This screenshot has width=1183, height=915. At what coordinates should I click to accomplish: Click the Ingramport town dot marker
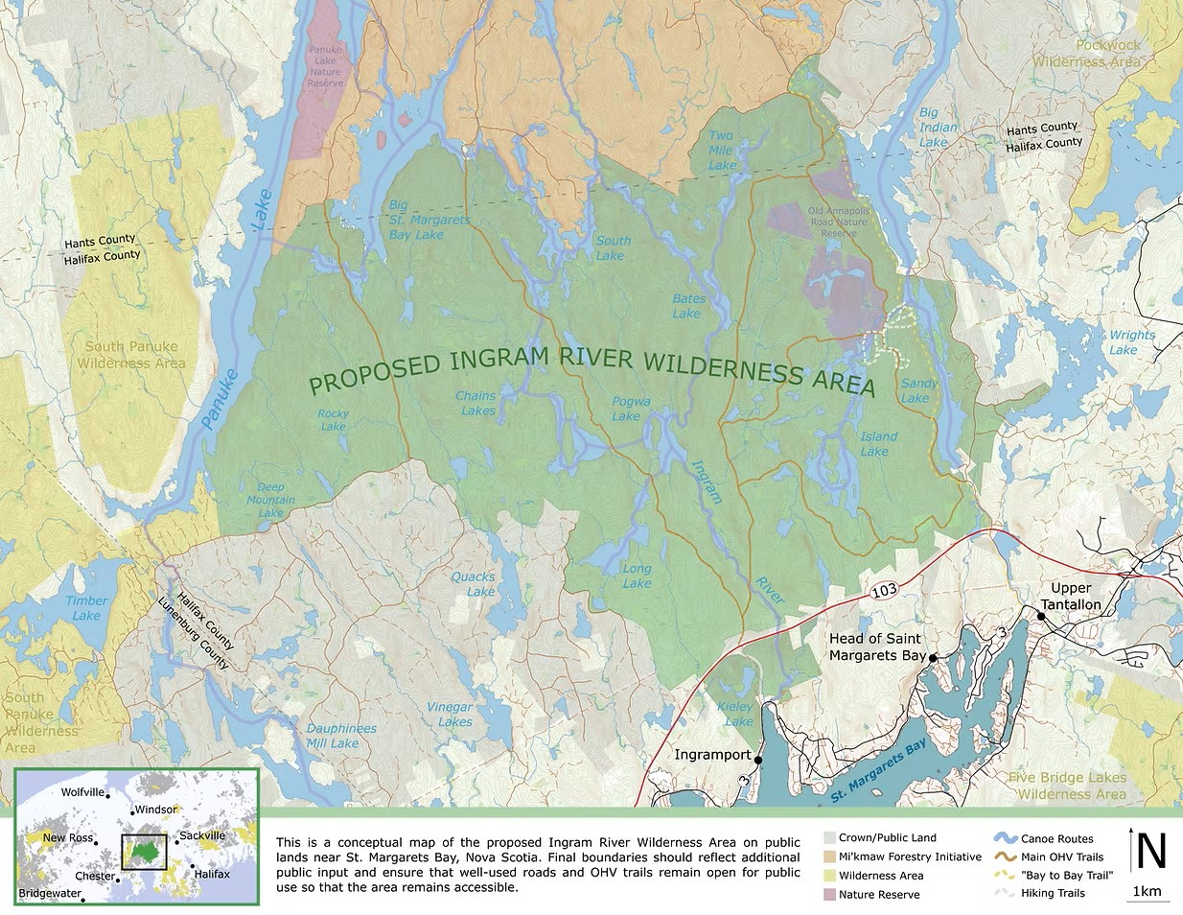click(x=758, y=760)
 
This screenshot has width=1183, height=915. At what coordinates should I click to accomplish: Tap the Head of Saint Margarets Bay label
click(x=876, y=646)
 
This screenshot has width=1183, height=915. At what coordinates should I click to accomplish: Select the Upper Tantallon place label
click(x=1071, y=596)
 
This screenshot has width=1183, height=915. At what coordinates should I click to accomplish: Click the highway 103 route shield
click(x=884, y=590)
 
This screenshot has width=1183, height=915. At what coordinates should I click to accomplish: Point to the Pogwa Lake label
click(x=631, y=409)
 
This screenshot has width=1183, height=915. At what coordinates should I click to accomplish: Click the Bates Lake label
click(x=687, y=306)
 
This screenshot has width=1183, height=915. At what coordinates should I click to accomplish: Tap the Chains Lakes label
click(x=476, y=403)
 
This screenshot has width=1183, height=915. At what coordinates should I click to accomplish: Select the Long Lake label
click(x=637, y=575)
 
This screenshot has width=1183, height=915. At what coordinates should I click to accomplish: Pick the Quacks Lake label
click(x=474, y=584)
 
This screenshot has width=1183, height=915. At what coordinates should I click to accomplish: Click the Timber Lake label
click(x=86, y=608)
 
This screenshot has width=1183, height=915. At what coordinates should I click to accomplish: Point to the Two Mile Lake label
click(x=722, y=151)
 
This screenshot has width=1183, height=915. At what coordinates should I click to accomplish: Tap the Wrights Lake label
click(x=1131, y=342)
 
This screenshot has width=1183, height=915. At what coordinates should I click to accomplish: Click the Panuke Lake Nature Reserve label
click(x=325, y=66)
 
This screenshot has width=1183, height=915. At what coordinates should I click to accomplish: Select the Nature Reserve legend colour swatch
click(x=829, y=895)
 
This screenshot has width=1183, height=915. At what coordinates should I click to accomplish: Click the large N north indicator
click(x=1150, y=851)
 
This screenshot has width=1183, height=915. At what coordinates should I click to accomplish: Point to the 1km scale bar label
click(x=1147, y=892)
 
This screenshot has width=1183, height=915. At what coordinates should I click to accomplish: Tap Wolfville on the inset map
click(x=82, y=792)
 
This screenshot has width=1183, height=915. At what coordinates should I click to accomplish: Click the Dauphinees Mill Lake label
click(x=340, y=736)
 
